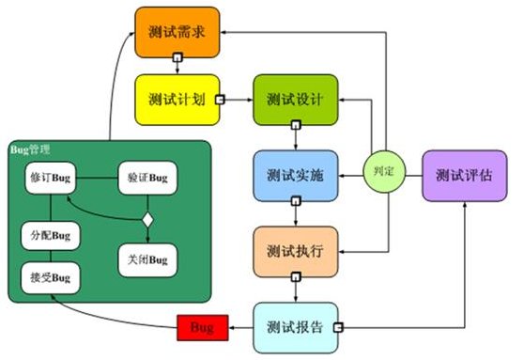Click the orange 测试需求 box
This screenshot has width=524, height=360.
[177, 31]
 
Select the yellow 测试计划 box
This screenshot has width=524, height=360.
[177, 99]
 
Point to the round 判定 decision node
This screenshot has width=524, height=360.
[383, 173]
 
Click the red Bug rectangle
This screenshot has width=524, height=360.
[202, 328]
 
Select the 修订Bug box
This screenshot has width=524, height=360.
[51, 176]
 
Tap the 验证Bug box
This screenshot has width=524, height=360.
[146, 176]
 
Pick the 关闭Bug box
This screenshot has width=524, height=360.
[146, 258]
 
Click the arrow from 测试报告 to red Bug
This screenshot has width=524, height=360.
[242, 327]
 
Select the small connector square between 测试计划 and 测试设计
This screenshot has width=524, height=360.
[220, 99]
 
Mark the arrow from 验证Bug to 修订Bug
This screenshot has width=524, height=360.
[100, 176]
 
